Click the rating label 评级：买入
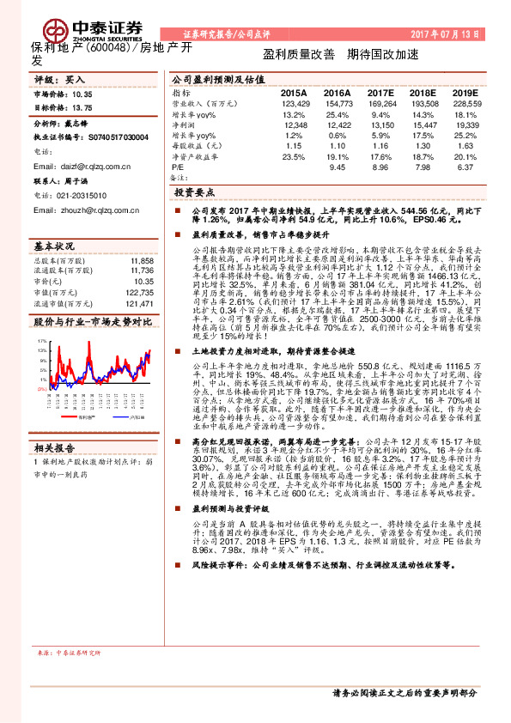[54, 78]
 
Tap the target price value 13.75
[83, 109]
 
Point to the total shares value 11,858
[143, 260]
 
